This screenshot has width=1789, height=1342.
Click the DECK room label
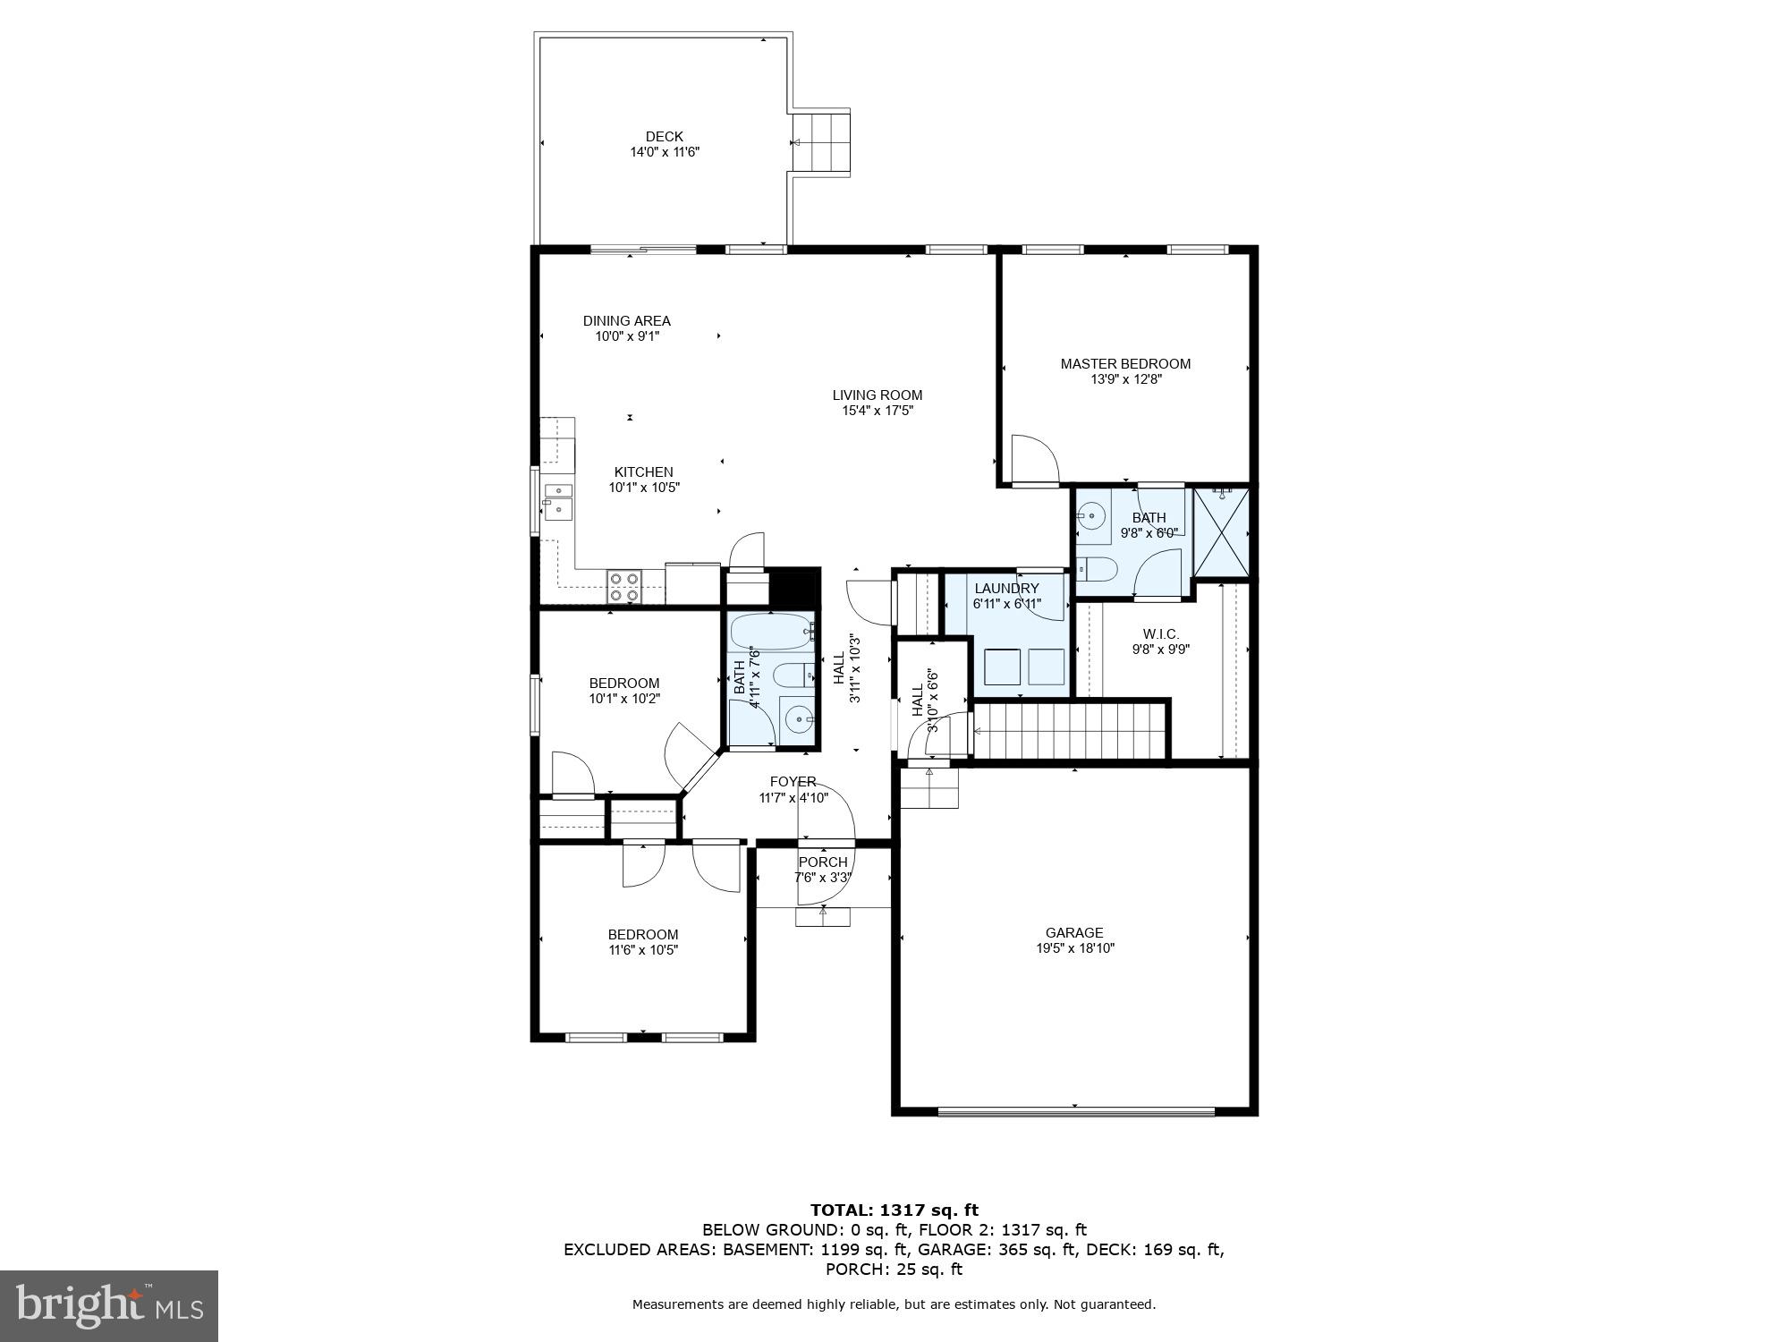coord(664,137)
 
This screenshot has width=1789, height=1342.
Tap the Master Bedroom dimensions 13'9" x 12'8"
coord(1125,379)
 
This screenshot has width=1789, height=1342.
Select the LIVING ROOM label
coord(877,395)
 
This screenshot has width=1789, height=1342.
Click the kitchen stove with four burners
coord(623,586)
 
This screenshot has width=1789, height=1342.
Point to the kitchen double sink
coord(558,500)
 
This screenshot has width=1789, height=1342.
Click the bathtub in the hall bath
coord(772,633)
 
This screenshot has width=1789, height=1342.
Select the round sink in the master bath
coord(1091,515)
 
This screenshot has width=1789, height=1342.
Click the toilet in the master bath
coord(1097,569)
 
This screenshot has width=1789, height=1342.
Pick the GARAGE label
coord(1074,932)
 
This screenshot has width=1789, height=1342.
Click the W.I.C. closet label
coord(1160,634)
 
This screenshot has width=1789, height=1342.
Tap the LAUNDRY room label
coord(1006,588)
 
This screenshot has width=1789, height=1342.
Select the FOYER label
coord(793,782)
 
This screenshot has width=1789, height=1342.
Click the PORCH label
coord(823,862)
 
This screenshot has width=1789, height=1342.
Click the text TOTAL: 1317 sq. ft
coord(894,1210)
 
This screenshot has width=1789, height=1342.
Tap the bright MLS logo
coord(109,1305)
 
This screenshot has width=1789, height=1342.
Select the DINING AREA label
coord(626,321)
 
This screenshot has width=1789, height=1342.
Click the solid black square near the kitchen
coord(794,588)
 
